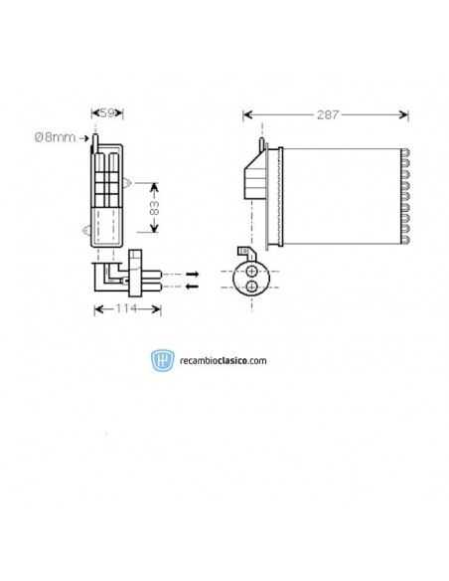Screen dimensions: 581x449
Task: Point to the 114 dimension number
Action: (127, 309)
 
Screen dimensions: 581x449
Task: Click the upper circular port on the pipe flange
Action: (253, 271)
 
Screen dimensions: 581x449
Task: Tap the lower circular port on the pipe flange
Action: (253, 287)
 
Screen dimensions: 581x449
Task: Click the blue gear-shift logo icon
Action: (160, 360)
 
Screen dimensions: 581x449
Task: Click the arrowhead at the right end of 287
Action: (404, 115)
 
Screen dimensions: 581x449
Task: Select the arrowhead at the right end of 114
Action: (157, 309)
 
